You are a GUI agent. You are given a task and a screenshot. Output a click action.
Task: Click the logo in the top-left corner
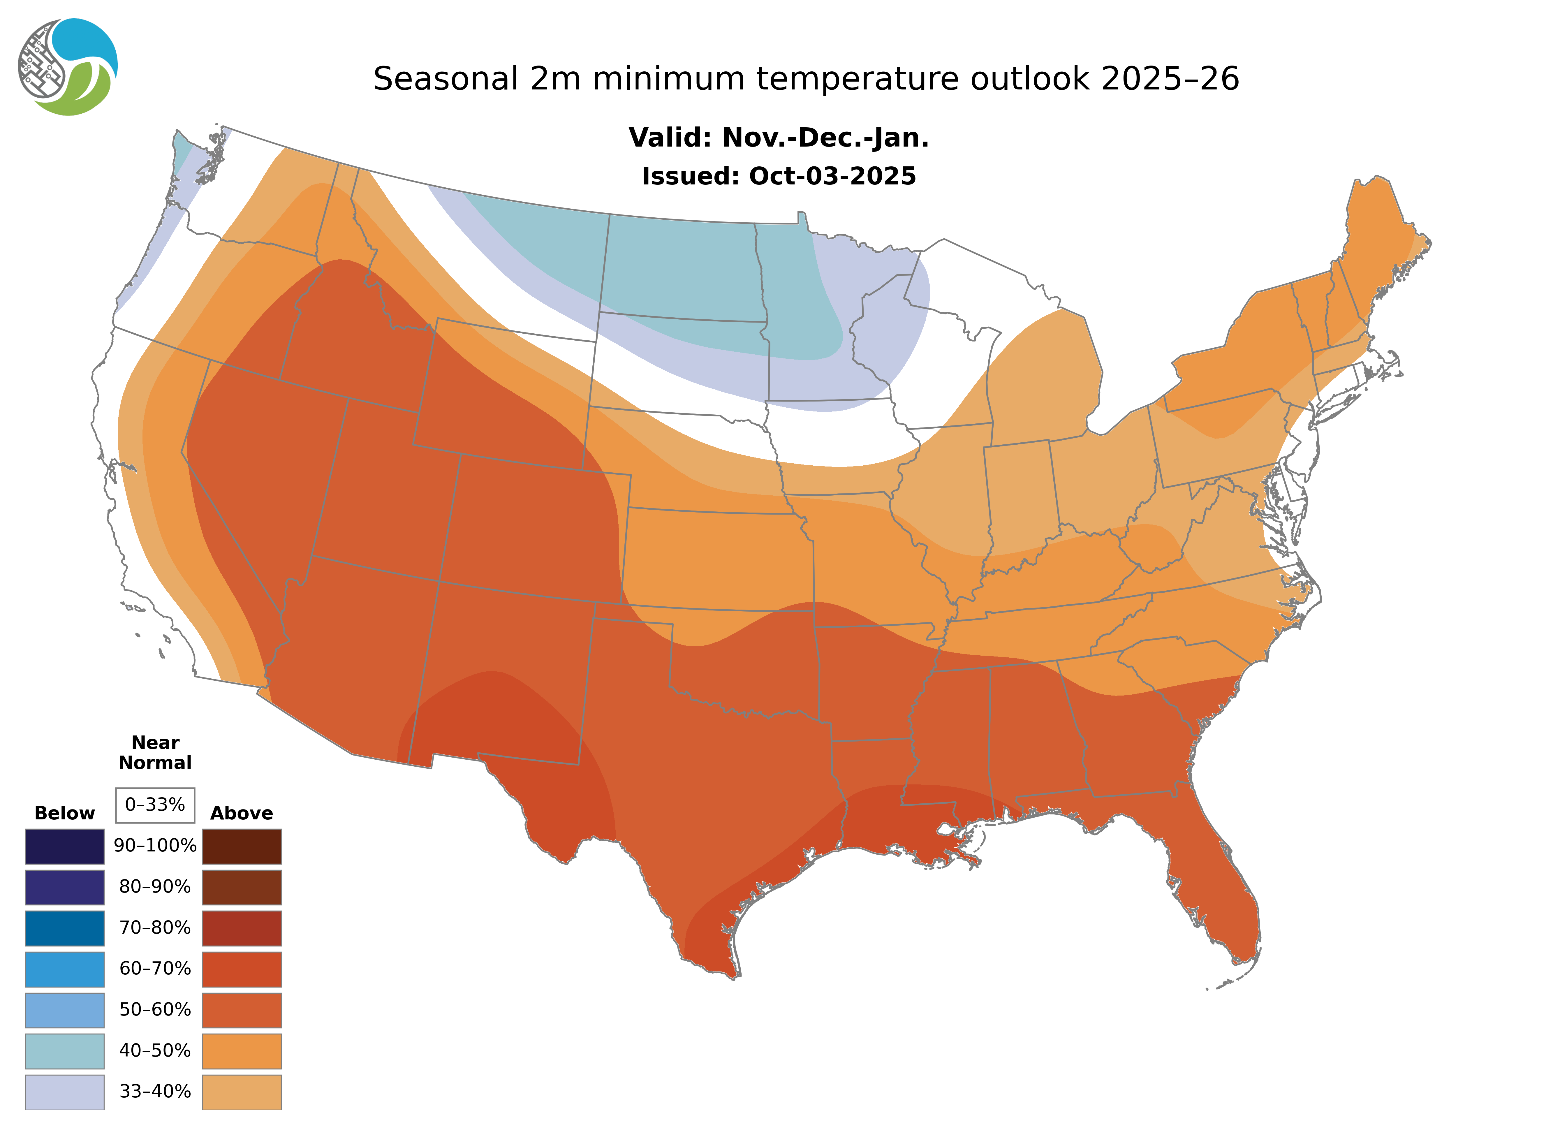(x=68, y=67)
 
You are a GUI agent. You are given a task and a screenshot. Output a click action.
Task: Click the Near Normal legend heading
(x=155, y=753)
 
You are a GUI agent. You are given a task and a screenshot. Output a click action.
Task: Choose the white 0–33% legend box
(x=155, y=805)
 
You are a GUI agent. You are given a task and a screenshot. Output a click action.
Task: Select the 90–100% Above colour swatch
(x=242, y=846)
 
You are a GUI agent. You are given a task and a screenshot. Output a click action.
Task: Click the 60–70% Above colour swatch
(x=242, y=969)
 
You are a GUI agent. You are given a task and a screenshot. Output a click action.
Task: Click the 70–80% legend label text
(x=155, y=928)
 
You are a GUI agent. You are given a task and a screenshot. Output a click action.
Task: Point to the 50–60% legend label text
(x=155, y=1010)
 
